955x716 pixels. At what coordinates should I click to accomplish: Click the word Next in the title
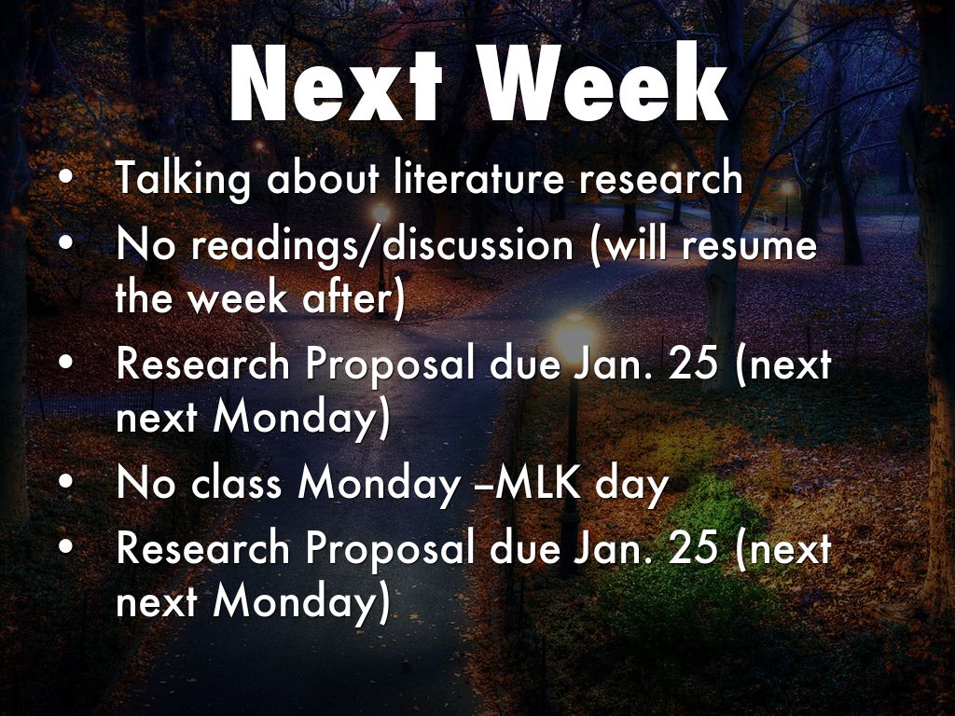(x=335, y=83)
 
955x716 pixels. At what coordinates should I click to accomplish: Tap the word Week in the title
(x=603, y=83)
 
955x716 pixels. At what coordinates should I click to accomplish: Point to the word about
(x=323, y=178)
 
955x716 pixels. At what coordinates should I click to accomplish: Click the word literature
(x=479, y=178)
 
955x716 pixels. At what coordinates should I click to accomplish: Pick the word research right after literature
(x=661, y=179)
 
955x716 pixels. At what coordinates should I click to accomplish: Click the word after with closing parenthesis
(x=353, y=298)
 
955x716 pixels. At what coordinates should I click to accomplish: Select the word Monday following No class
(x=379, y=486)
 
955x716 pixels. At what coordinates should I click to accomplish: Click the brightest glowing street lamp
(x=574, y=334)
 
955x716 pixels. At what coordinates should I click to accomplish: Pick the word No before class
(x=145, y=484)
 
